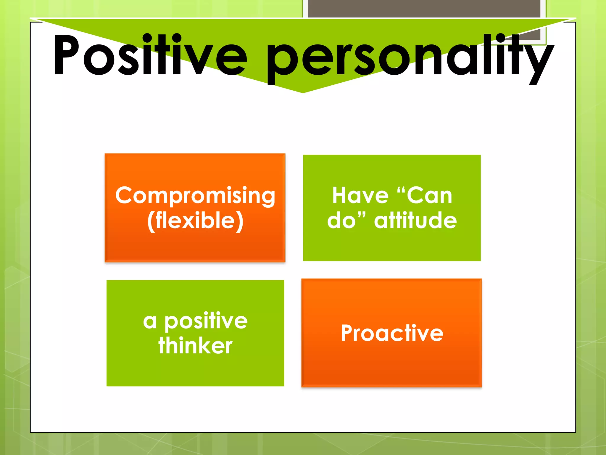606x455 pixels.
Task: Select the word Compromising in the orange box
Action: click(195, 196)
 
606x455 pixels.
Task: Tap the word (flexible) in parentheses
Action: click(195, 221)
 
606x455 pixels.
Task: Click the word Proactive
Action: click(392, 333)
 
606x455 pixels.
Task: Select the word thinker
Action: click(195, 346)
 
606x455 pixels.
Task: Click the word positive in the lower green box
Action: click(206, 322)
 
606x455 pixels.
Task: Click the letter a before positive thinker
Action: click(150, 322)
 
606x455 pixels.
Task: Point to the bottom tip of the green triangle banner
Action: click(303, 92)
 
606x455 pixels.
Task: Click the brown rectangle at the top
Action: click(424, 9)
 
